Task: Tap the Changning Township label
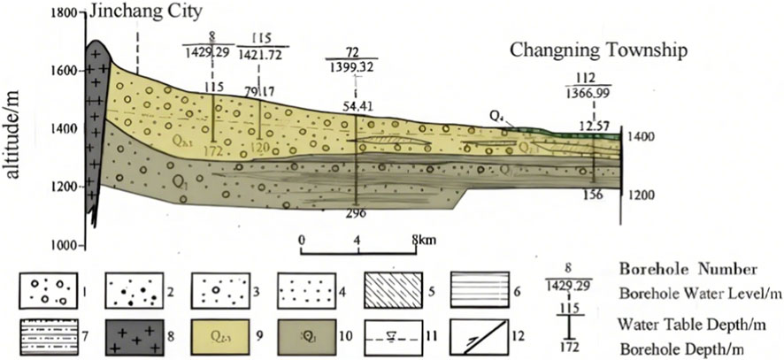point(598,50)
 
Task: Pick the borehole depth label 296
point(357,213)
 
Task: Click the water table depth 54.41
point(357,107)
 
